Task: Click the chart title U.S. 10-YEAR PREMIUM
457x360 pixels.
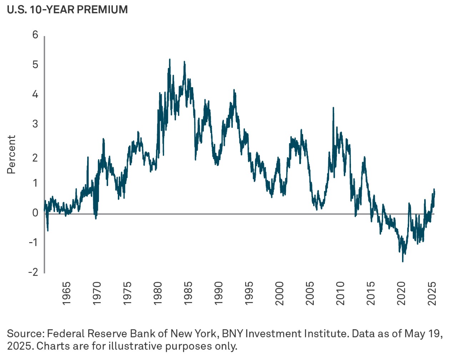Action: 67,10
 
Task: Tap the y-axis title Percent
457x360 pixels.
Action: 11,154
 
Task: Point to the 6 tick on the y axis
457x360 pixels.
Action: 35,35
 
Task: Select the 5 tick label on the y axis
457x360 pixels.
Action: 35,65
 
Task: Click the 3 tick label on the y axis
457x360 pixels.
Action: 35,124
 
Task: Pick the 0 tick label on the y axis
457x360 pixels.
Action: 35,213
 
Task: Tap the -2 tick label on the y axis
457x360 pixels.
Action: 33,272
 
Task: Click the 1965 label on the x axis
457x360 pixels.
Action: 66,294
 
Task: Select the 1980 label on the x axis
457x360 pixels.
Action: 158,294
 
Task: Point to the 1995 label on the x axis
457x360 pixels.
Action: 249,294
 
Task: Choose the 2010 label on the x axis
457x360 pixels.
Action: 341,294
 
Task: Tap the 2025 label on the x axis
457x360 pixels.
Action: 432,294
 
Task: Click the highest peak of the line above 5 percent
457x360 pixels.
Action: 170,59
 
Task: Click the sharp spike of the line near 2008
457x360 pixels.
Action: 333,107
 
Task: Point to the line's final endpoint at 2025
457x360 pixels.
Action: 435,192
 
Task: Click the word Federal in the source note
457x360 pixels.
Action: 66,334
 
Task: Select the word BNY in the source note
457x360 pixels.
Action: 232,334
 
